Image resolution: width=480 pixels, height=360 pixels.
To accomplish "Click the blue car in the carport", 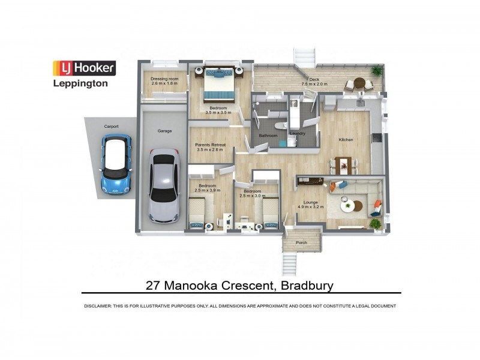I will pos(116,163).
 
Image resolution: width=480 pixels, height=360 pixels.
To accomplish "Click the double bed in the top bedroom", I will pos(217,86).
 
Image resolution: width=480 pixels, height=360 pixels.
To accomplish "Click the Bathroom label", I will pos(268,136).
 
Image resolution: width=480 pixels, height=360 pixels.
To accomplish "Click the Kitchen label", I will pos(346,140).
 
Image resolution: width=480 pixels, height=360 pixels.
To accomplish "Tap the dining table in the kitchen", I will pos(344,163).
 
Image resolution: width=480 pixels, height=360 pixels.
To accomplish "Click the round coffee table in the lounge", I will pos(349,206).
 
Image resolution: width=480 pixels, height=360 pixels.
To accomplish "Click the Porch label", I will pos(301,242).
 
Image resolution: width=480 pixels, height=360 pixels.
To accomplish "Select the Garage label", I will pos(165,131).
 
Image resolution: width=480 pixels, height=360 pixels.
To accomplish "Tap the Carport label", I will pos(112,127).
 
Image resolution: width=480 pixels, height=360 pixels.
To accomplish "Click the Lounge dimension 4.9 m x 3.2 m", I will pos(311,207).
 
